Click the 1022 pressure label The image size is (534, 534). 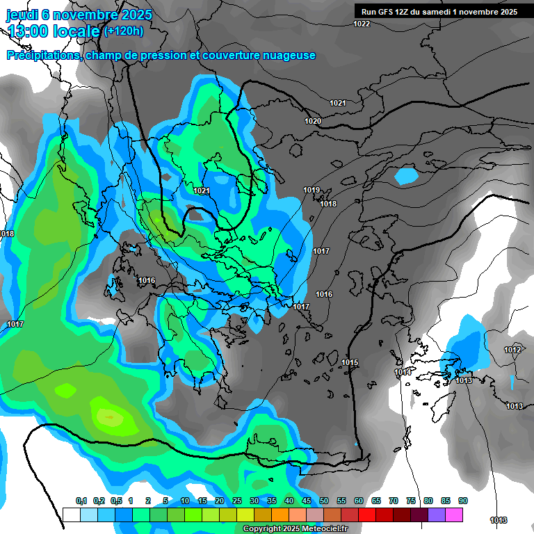click(362, 24)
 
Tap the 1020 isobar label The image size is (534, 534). click(313, 122)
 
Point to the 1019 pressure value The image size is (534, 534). click(311, 191)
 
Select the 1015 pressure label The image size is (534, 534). click(350, 363)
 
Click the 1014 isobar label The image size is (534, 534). click(403, 373)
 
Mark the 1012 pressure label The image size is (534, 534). click(512, 350)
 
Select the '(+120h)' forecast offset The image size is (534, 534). click(123, 31)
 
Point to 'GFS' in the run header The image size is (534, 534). click(388, 12)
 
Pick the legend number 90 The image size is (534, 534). click(463, 501)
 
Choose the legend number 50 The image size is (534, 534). click(324, 501)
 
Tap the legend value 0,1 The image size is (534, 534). click(81, 501)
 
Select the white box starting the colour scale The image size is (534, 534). click(71, 515)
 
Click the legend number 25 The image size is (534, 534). click(237, 501)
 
